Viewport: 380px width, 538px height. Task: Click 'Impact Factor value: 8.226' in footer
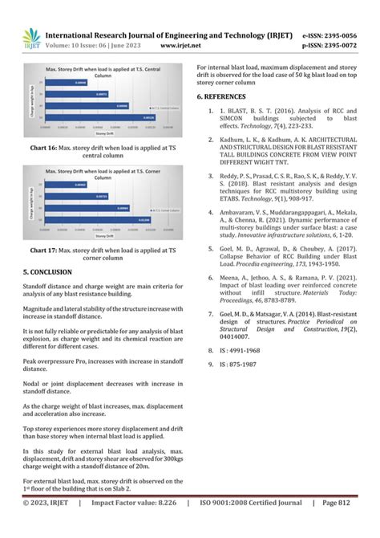[x=132, y=525]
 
